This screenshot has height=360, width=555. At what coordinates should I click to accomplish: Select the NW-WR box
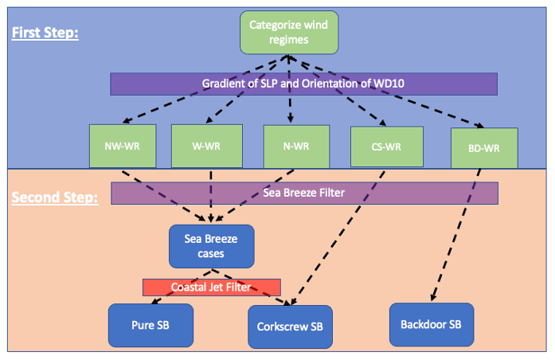(x=120, y=146)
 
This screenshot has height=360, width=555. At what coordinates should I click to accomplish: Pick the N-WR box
(x=296, y=146)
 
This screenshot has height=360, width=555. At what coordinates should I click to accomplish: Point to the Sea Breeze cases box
(x=211, y=245)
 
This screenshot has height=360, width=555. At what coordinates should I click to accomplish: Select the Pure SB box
(x=150, y=326)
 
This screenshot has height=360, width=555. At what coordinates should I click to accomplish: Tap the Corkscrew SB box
(x=290, y=327)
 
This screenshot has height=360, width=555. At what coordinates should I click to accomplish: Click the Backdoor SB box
(x=432, y=324)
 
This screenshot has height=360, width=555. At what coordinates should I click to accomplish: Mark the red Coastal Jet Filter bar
(x=211, y=287)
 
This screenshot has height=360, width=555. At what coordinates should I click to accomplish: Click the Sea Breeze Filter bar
(x=304, y=193)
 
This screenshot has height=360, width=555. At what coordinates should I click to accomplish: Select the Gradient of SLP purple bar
(x=303, y=84)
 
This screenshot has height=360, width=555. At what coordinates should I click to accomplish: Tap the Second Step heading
(x=54, y=196)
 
